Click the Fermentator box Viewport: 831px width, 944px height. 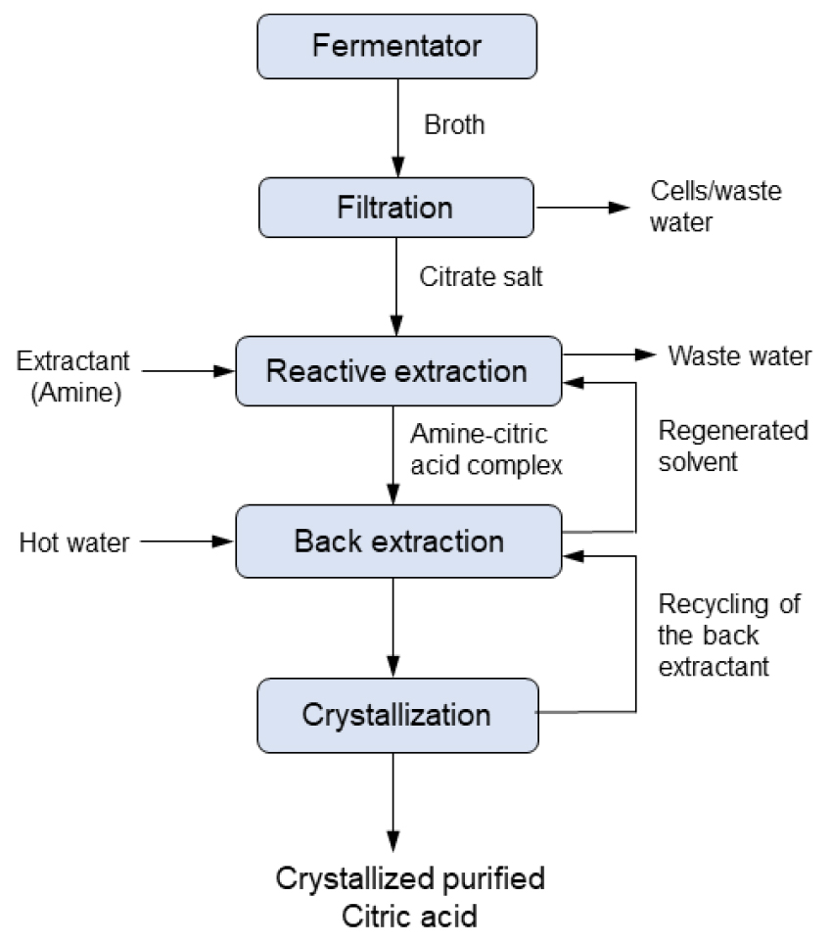click(x=397, y=46)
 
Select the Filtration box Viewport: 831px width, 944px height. click(x=395, y=208)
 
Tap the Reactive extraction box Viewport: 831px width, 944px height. click(x=397, y=371)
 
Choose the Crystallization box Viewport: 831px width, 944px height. click(x=397, y=714)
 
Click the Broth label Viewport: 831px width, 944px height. click(x=453, y=126)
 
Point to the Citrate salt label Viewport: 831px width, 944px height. click(x=481, y=277)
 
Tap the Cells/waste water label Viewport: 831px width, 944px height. click(x=716, y=205)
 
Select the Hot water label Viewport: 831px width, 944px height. click(x=74, y=543)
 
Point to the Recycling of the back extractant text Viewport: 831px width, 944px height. click(x=728, y=636)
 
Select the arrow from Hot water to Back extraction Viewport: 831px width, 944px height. click(x=185, y=542)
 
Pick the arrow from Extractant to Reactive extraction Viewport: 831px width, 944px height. click(x=186, y=371)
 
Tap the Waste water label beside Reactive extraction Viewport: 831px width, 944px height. click(x=739, y=355)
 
